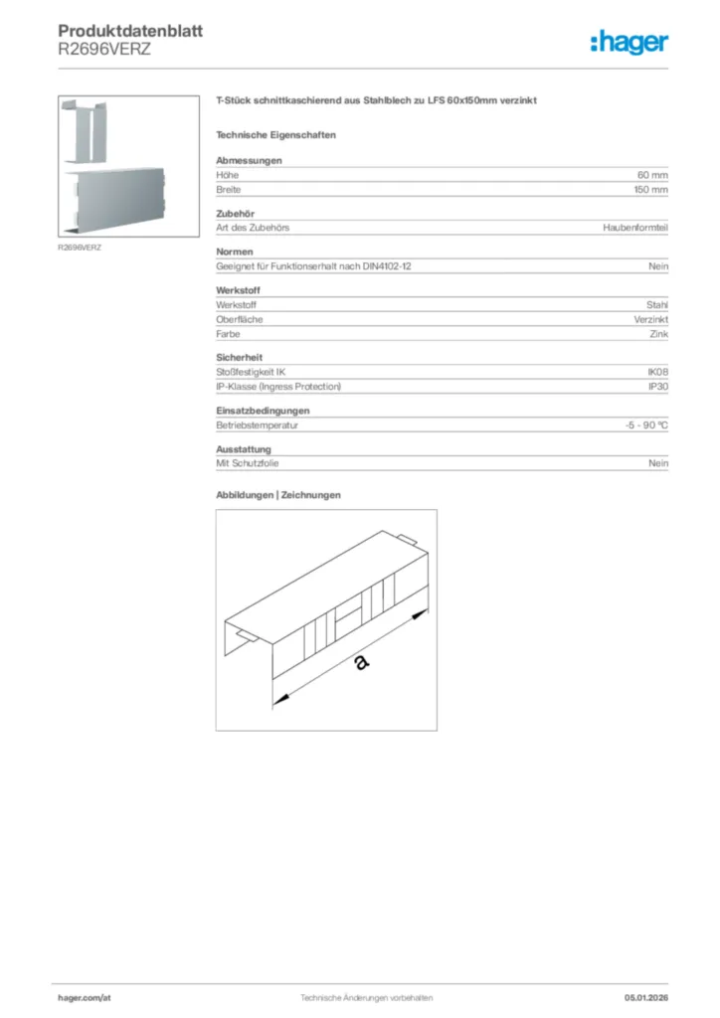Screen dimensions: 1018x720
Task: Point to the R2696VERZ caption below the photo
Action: [x=80, y=247]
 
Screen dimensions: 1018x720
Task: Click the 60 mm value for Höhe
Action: [x=652, y=174]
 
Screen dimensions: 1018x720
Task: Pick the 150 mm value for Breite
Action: [x=650, y=189]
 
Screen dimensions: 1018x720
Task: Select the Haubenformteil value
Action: [x=635, y=228]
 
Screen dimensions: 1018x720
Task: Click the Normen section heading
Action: [x=235, y=252]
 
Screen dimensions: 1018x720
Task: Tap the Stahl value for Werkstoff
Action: [x=656, y=305]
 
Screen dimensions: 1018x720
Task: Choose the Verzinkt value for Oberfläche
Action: [x=651, y=320]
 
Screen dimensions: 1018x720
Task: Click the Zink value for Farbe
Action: [x=657, y=335]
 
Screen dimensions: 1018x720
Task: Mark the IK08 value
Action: [x=657, y=372]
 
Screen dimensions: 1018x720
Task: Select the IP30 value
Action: [x=657, y=387]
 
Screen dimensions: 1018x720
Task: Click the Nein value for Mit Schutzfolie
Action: [x=657, y=464]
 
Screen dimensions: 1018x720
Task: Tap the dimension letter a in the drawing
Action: [x=359, y=660]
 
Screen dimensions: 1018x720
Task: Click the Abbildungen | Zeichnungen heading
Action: [x=278, y=495]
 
